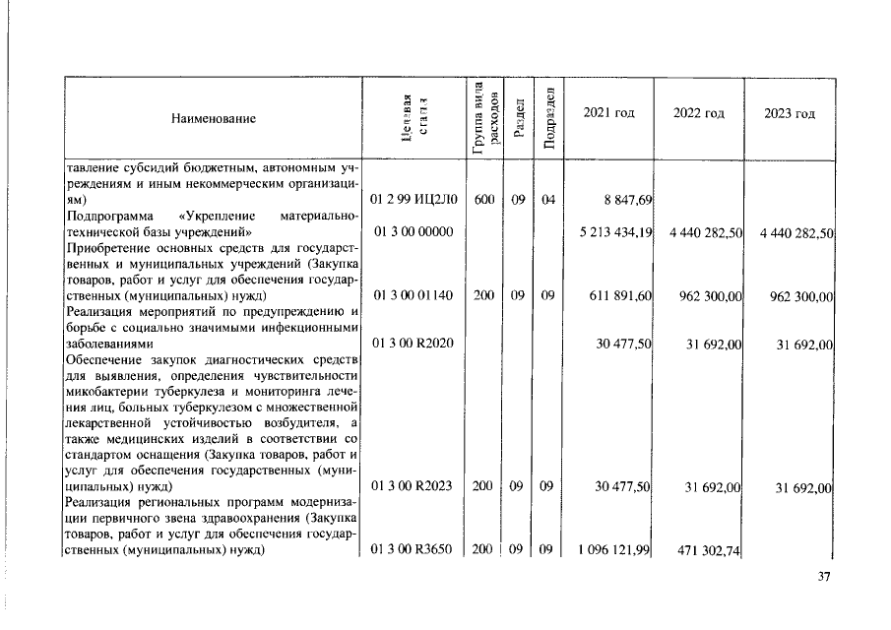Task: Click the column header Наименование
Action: pyautogui.click(x=213, y=118)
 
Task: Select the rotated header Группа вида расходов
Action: pyautogui.click(x=485, y=117)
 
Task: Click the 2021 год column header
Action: pyautogui.click(x=608, y=113)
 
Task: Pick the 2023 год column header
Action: pyautogui.click(x=790, y=113)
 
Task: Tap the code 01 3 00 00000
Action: pyautogui.click(x=413, y=231)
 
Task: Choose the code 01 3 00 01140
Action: pyautogui.click(x=411, y=294)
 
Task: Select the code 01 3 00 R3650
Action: pyautogui.click(x=412, y=551)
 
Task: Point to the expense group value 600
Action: pyautogui.click(x=483, y=200)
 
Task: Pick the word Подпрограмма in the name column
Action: pyautogui.click(x=106, y=216)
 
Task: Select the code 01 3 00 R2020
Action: pyautogui.click(x=412, y=343)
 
